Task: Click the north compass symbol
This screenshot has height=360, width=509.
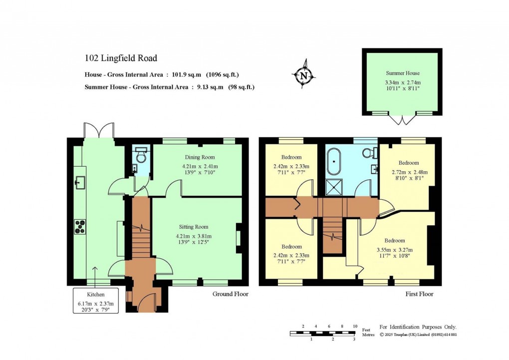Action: [303, 75]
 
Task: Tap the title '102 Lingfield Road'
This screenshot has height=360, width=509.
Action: [121, 58]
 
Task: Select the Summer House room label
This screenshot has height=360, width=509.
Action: [402, 73]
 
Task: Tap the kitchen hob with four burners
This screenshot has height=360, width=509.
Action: [80, 227]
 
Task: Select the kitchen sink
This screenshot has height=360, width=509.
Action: [80, 182]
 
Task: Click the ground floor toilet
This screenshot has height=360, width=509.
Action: [141, 157]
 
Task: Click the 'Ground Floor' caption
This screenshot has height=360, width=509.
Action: [230, 294]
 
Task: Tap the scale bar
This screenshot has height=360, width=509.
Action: [322, 334]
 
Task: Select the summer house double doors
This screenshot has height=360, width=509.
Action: [402, 120]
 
